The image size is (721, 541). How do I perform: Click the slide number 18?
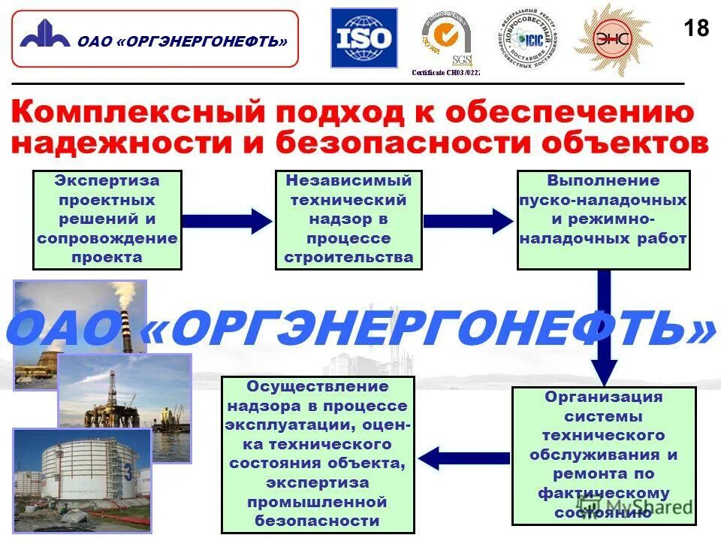[x=696, y=29]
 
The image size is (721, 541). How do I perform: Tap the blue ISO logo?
[x=363, y=38]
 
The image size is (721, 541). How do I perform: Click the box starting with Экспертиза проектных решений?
[x=107, y=219]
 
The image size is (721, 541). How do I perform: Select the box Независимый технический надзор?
[x=348, y=219]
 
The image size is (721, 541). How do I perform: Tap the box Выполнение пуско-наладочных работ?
[x=603, y=219]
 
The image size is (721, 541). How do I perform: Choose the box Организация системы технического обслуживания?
[x=603, y=455]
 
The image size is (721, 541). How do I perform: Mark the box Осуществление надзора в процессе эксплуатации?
[x=318, y=455]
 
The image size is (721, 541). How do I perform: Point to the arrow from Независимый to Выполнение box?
[x=468, y=221]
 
